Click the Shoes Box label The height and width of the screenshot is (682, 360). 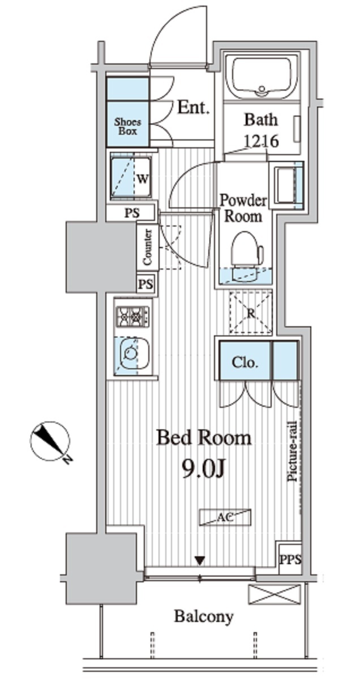(127, 126)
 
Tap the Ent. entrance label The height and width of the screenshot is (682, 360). (194, 107)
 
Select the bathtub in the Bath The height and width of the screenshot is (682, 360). (261, 78)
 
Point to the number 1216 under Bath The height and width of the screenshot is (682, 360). (262, 141)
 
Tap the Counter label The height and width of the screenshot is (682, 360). (147, 247)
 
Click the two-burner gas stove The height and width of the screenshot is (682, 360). (132, 317)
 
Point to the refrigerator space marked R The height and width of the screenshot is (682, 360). (250, 313)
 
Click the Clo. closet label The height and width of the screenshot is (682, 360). (245, 363)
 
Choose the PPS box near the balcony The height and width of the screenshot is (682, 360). (290, 559)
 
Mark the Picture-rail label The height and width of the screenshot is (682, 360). (293, 451)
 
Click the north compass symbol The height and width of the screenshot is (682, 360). (50, 441)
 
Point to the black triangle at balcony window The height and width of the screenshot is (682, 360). (200, 560)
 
